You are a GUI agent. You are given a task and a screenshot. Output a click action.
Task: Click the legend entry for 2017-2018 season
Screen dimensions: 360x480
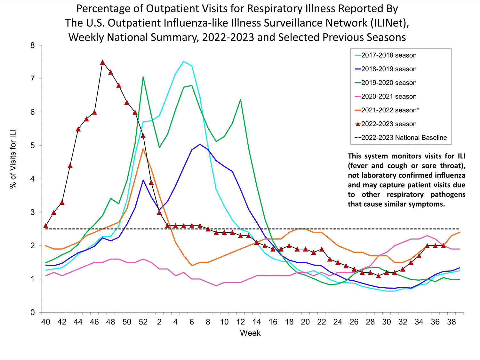[x=389, y=55]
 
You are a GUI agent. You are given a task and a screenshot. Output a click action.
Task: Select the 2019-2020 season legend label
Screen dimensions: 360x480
[x=389, y=83]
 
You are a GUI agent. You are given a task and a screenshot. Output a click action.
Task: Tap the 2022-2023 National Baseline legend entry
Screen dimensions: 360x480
[x=404, y=138]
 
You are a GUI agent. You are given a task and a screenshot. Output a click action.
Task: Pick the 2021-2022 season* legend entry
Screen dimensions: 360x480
[x=390, y=110]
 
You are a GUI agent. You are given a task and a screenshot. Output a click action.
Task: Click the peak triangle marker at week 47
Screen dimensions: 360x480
[x=102, y=62]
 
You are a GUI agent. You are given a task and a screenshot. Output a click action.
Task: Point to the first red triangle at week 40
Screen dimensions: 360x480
[x=46, y=226]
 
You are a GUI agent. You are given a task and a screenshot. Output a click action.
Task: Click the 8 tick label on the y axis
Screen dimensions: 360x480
[x=33, y=45]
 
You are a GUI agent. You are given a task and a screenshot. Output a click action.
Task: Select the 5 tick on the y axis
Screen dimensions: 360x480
[x=33, y=146]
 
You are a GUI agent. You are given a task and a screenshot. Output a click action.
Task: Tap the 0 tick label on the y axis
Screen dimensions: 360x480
[x=33, y=313]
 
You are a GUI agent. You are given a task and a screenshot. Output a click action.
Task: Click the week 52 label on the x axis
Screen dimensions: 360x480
[x=143, y=322]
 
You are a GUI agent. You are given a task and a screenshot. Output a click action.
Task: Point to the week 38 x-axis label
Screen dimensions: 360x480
[x=452, y=322]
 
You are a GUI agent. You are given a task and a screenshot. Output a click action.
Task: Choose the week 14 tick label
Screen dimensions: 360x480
[x=257, y=322]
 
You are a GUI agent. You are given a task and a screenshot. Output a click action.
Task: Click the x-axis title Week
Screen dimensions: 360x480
[x=250, y=333]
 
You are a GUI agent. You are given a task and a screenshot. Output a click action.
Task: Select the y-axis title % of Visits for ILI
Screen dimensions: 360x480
[x=13, y=159]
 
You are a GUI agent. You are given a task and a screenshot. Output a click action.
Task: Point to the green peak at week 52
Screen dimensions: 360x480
[x=143, y=77]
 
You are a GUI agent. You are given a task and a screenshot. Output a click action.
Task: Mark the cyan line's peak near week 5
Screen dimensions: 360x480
[x=184, y=61]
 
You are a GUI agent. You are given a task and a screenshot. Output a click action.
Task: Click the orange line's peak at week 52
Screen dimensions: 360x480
[x=143, y=149]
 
